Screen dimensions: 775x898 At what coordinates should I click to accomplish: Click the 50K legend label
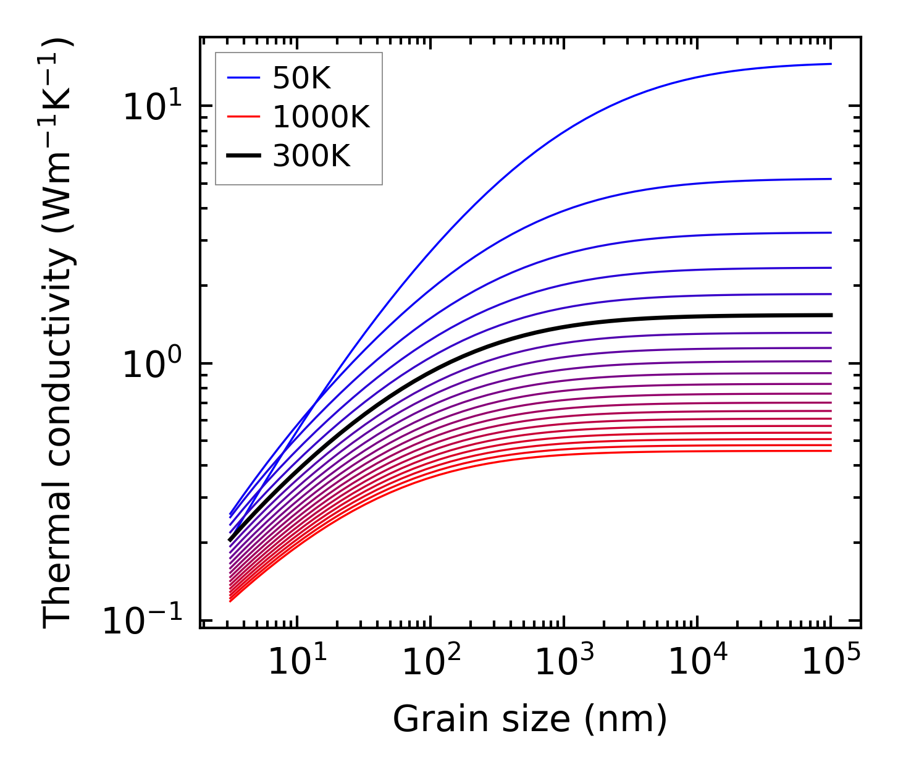pos(301,78)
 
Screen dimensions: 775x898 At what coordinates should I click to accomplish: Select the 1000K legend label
pos(321,117)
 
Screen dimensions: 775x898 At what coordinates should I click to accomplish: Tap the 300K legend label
pos(311,156)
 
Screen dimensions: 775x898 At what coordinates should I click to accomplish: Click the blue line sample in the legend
pos(243,78)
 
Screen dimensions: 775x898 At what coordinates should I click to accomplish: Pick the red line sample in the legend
pos(243,117)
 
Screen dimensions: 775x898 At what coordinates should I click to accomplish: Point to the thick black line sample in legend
pos(243,156)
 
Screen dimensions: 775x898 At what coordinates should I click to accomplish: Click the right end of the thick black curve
pos(831,315)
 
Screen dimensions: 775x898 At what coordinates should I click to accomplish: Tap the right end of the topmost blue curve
pos(831,64)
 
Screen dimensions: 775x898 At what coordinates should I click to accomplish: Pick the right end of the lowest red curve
pos(831,451)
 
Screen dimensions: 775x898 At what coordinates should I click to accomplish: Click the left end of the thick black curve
pos(230,540)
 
